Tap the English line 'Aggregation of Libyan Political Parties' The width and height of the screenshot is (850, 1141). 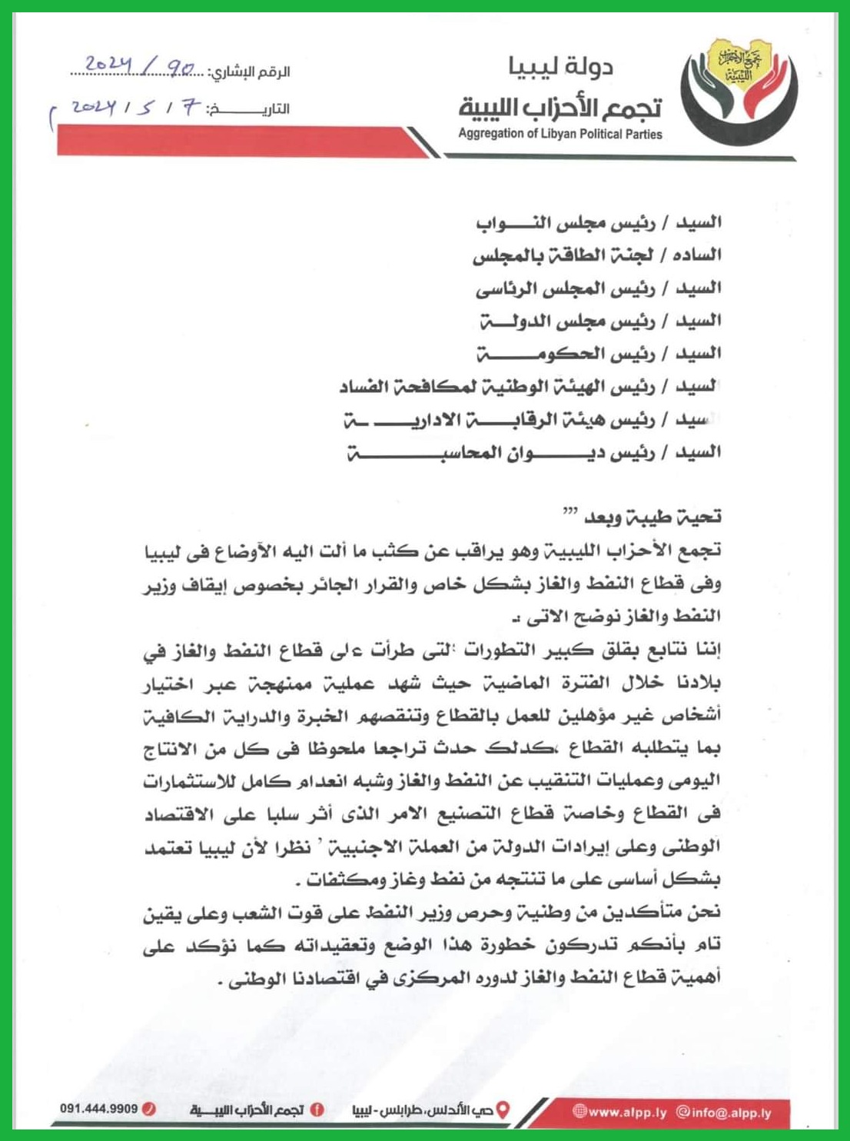click(x=559, y=134)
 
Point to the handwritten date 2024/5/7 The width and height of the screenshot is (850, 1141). click(x=134, y=108)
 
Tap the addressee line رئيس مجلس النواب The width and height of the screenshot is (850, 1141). click(x=598, y=222)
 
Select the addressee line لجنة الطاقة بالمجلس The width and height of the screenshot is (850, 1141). click(x=596, y=255)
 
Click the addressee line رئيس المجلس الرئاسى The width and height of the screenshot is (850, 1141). click(x=598, y=288)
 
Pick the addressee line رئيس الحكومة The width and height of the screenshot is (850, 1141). click(x=598, y=354)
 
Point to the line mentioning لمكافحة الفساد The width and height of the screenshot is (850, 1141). click(x=530, y=387)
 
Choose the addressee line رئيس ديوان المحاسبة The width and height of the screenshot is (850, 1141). click(x=533, y=452)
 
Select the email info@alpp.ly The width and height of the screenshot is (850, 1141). click(x=722, y=1113)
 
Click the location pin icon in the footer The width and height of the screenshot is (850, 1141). click(x=503, y=1110)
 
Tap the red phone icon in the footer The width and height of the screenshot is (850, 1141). click(x=151, y=1109)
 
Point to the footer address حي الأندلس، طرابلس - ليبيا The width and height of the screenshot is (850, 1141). click(x=423, y=1111)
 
